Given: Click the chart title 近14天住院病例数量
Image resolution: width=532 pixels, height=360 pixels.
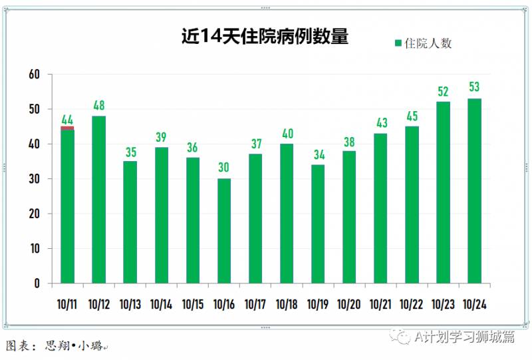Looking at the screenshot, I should coord(265,37).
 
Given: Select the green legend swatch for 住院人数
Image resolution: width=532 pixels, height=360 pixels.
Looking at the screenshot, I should coord(398,44).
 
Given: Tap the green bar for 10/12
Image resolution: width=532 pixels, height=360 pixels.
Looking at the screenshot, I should coord(98,200).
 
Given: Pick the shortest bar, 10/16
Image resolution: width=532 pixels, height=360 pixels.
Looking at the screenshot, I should coord(224,231).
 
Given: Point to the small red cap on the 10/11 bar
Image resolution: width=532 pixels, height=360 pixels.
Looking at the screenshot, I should coord(67,128).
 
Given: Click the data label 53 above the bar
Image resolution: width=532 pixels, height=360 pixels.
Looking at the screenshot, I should coord(474,87).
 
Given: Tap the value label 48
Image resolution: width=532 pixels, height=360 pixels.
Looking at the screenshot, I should coord(98,105).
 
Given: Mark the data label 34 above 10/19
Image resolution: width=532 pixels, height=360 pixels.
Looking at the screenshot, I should coord(318,154).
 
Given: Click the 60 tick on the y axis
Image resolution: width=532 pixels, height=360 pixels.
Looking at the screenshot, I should coord(34,75).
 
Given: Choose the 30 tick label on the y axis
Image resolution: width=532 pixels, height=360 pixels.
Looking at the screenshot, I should coord(34,179).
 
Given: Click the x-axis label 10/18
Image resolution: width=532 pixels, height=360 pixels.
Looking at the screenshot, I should coord(287,304).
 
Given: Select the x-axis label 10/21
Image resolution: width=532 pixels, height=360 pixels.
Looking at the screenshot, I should coord(380,304).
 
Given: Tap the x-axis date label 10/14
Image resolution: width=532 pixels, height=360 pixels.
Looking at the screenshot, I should coord(161,304).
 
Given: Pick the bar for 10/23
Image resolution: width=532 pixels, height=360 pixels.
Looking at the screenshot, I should coord(443,193).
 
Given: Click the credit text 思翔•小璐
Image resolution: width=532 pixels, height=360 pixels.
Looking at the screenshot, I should coord(74,347).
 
